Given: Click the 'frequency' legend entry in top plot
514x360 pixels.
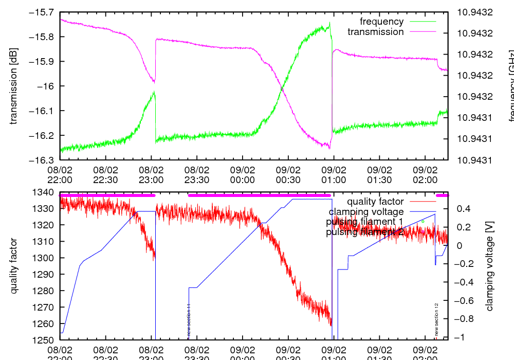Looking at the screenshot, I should click(381, 22).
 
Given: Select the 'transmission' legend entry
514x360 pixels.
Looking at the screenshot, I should click(375, 32).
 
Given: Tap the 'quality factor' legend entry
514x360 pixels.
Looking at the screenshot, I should click(375, 202).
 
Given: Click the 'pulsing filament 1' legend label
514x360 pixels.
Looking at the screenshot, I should click(364, 222).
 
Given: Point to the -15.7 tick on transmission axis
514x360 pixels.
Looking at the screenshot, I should click(45, 12).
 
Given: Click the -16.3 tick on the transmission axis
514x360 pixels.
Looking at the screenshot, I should click(45, 160).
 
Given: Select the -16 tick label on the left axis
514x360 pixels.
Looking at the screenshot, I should click(49, 86).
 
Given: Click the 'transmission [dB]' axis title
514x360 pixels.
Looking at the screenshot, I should click(14, 86).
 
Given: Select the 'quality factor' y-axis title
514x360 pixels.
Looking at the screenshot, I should click(14, 266).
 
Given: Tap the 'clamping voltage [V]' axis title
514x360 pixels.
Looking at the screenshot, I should click(489, 266).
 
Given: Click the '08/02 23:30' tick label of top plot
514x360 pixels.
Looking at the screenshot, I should click(197, 174).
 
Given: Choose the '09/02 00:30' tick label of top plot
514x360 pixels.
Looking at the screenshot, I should click(288, 174).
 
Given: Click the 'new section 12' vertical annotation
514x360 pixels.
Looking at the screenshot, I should click(436, 319).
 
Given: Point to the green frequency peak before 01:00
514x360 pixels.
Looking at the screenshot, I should click(328, 24).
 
